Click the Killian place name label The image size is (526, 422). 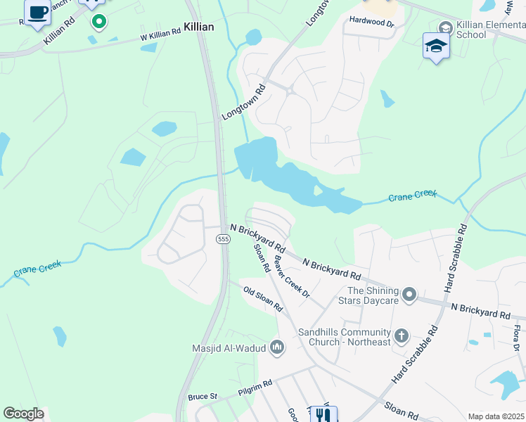pyautogui.click(x=198, y=26)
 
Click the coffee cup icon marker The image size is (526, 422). pyautogui.click(x=38, y=12)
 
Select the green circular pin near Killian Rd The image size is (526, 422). pyautogui.click(x=99, y=22)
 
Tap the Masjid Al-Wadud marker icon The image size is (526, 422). pyautogui.click(x=277, y=347)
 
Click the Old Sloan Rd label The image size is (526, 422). pyautogui.click(x=262, y=299)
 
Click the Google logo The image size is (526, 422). pyautogui.click(x=23, y=414)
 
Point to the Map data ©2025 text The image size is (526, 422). pyautogui.click(x=496, y=416)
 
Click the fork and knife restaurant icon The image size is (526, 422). pyautogui.click(x=323, y=415)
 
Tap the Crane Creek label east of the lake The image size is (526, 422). pyautogui.click(x=413, y=195)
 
